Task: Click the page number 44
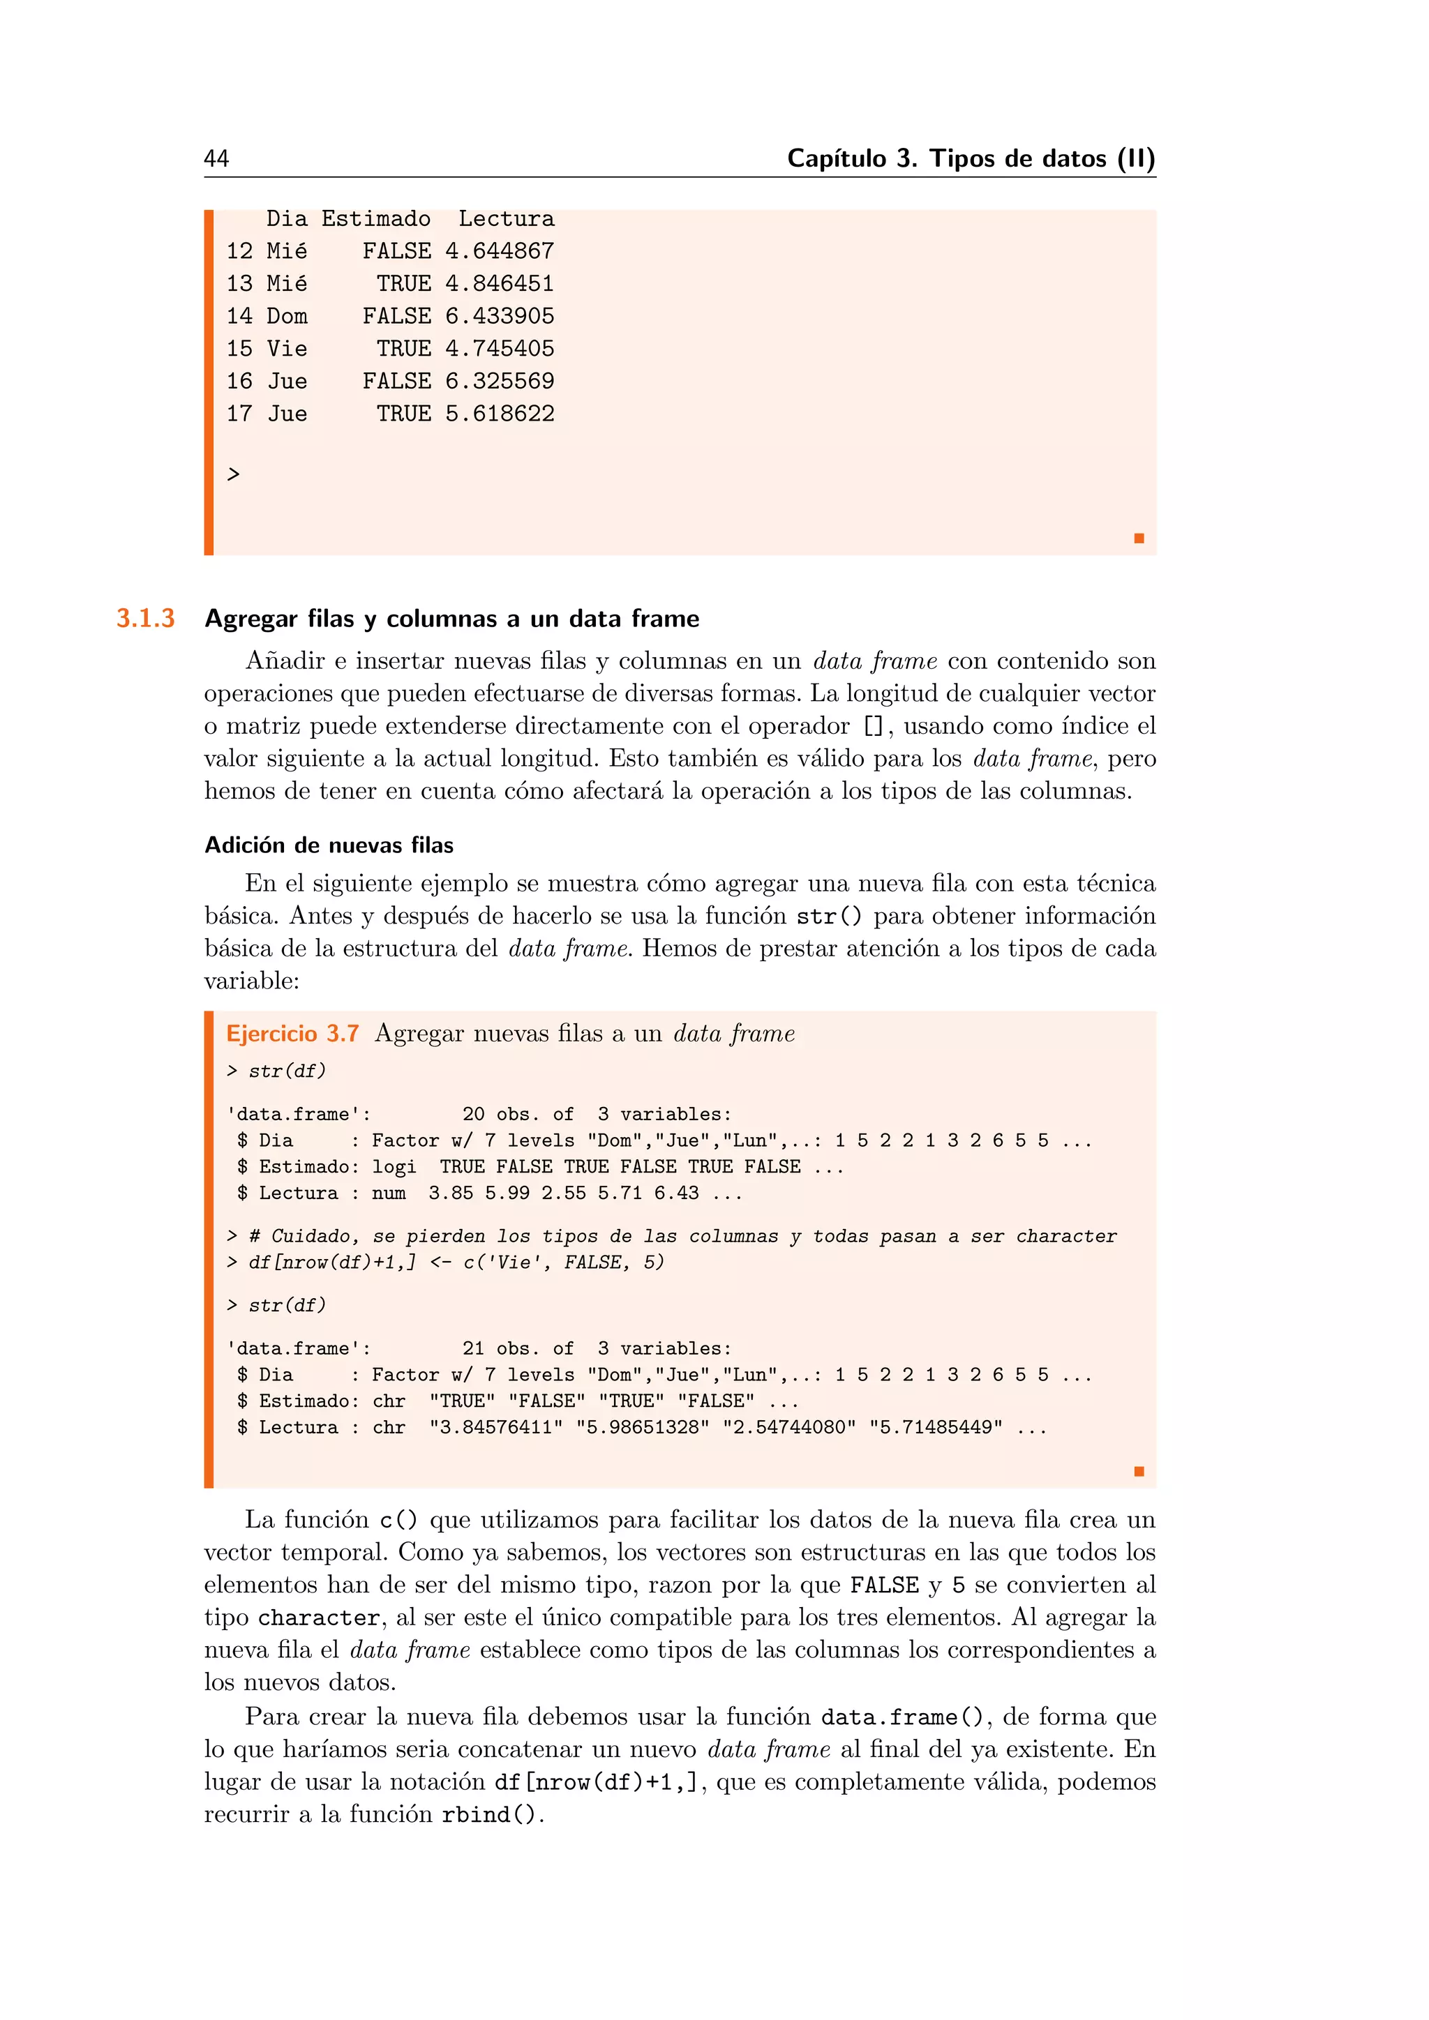point(216,158)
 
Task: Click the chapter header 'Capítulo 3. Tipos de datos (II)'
point(971,158)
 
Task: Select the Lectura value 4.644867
point(499,252)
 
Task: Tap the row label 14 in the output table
point(239,317)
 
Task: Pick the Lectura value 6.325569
point(499,382)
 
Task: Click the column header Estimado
point(375,219)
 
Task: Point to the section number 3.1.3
point(146,619)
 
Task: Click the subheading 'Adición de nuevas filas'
point(329,845)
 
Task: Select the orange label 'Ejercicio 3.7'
point(292,1034)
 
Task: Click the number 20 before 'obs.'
point(473,1115)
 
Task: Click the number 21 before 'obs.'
point(473,1349)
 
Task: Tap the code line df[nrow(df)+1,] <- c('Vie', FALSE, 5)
point(456,1262)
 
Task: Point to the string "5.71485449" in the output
point(936,1428)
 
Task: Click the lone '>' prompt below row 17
point(233,475)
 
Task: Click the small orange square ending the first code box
point(1139,538)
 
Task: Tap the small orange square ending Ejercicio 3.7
point(1139,1471)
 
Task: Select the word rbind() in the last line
point(488,1815)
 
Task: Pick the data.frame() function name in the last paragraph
point(901,1717)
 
